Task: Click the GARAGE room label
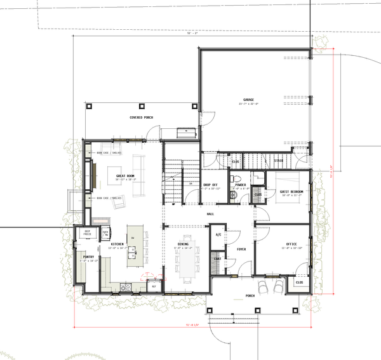coord(248,100)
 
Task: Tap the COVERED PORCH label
coord(141,118)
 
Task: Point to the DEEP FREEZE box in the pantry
coord(87,233)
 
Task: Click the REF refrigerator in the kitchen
coord(153,286)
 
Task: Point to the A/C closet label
coord(218,235)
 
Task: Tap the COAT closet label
coord(217,258)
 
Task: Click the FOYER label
coord(241,250)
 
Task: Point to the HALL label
coord(210,214)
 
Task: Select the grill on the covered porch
coord(185,132)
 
